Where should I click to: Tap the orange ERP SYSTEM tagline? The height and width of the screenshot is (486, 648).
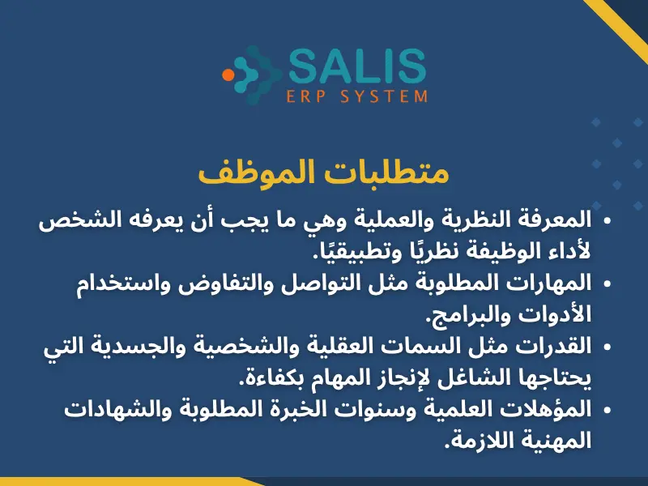pos(357,96)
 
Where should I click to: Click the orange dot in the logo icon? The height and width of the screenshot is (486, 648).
pos(228,75)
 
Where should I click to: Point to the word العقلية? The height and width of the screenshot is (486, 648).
pos(358,346)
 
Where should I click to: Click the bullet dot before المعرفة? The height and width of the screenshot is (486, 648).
pos(607,221)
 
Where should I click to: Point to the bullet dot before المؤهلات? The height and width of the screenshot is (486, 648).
pos(607,408)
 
